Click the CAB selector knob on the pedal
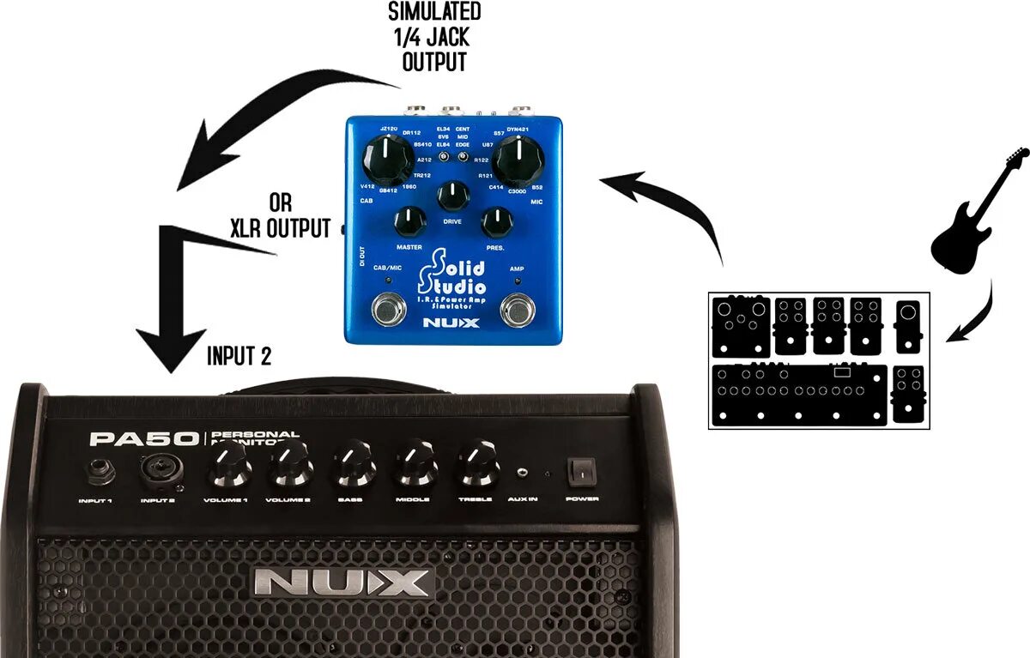(386, 162)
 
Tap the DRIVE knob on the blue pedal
(452, 196)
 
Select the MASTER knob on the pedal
(410, 222)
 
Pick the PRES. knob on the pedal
(496, 222)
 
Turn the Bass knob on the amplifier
(354, 466)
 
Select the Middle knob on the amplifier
(416, 466)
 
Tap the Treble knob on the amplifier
(477, 466)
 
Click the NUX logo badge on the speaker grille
(343, 583)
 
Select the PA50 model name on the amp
(144, 439)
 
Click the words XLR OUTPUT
(280, 228)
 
